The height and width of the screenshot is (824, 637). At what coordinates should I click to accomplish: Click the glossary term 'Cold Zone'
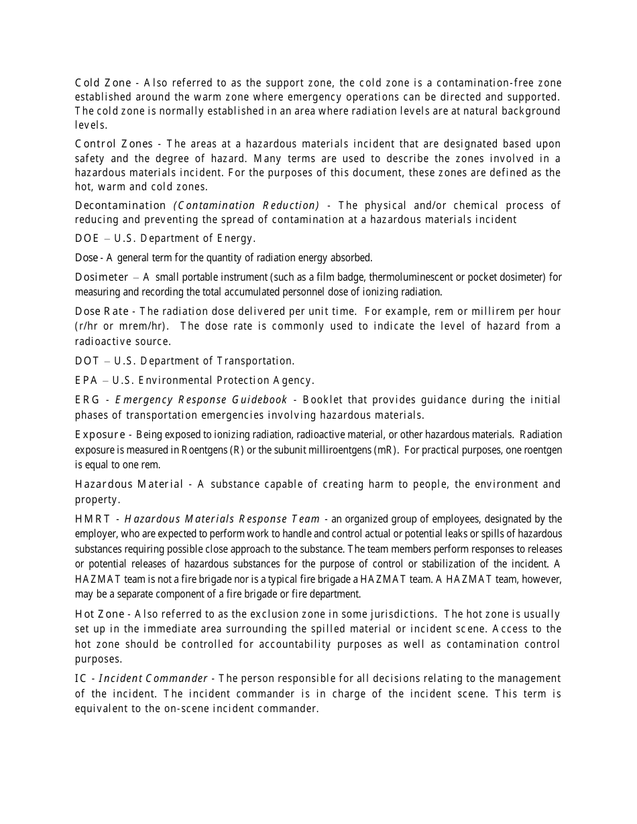click(x=103, y=83)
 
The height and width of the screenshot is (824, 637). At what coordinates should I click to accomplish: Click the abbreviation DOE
click(x=87, y=238)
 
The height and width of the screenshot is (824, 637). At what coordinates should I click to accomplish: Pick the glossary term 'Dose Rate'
click(x=103, y=312)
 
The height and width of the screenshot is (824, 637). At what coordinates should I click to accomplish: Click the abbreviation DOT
click(x=87, y=361)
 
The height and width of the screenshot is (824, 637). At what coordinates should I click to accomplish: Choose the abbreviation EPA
click(x=86, y=381)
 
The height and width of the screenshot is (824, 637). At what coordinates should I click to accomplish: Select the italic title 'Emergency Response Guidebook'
click(x=201, y=400)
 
